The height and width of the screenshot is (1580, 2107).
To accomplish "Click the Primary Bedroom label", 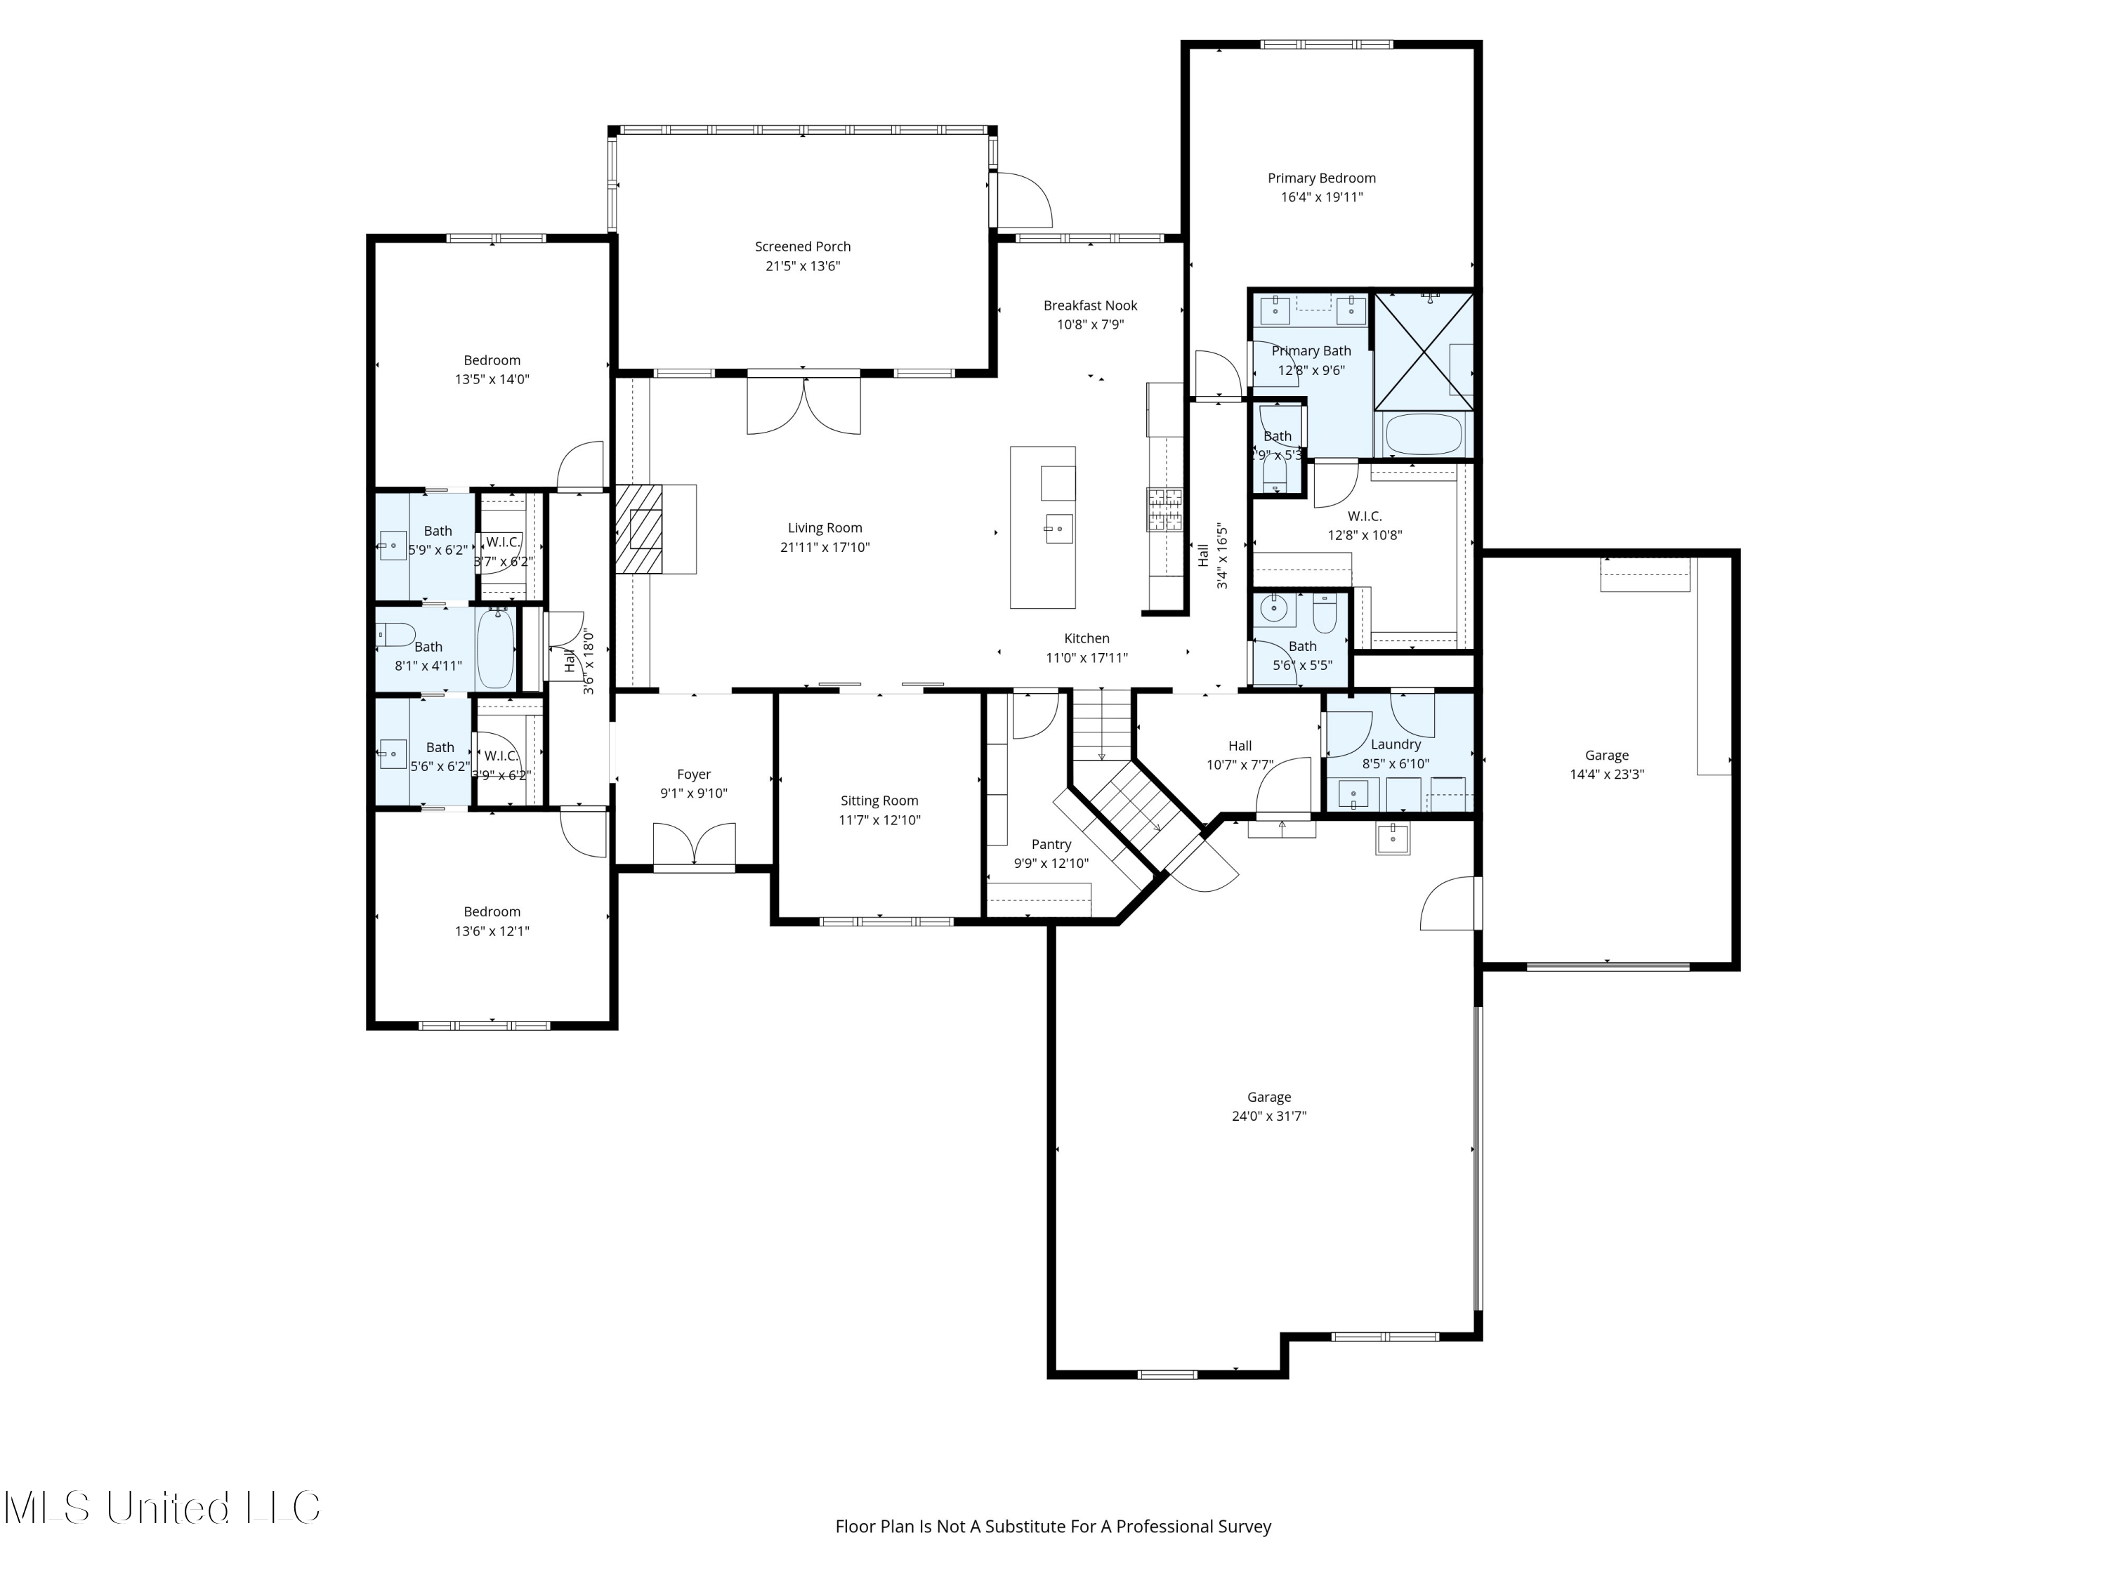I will point(1320,178).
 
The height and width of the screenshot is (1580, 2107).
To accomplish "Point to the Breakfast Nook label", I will point(1090,305).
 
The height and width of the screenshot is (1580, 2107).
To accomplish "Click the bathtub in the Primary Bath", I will point(1423,435).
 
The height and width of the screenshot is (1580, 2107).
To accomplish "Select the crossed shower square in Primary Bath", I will point(1423,351).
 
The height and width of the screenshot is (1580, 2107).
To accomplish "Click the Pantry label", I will point(1051,845).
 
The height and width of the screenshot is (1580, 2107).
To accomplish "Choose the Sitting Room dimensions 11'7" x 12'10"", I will point(879,820).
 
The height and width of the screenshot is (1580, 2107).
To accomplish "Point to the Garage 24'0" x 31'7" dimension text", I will point(1269,1117).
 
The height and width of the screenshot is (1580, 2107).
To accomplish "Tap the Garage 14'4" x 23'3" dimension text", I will point(1606,775).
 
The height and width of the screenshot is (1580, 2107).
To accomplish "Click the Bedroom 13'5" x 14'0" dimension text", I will point(492,379).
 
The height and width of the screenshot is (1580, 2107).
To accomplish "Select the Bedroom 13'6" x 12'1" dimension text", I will point(492,931).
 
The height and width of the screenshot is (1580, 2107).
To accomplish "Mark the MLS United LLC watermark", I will point(162,1508).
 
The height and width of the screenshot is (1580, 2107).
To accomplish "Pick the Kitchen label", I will point(1086,639).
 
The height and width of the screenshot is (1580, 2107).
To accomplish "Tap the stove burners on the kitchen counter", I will point(1163,508).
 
